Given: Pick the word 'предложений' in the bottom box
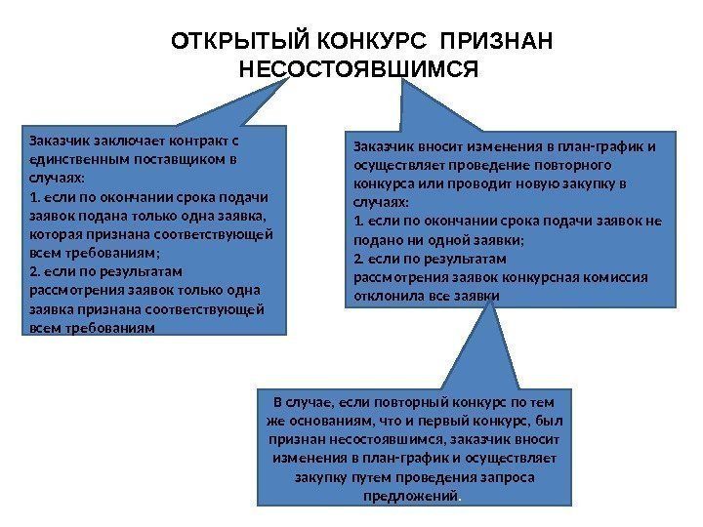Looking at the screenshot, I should pyautogui.click(x=420, y=495).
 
